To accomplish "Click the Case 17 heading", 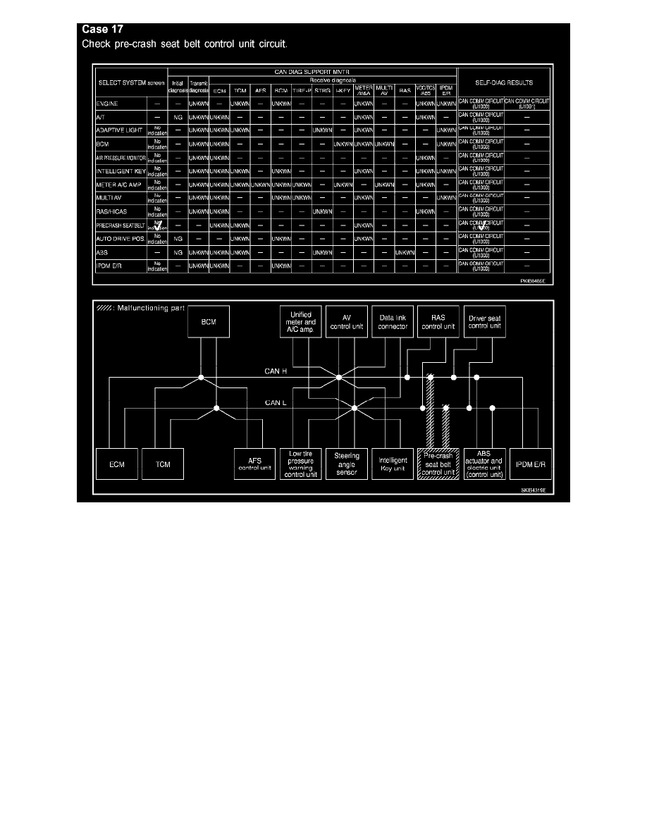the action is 102,30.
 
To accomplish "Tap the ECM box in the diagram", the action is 116,464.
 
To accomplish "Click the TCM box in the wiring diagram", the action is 163,464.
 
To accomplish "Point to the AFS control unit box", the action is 255,464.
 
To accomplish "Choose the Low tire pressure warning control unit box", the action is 301,464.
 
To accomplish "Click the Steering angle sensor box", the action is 347,464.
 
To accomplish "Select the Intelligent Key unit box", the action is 393,464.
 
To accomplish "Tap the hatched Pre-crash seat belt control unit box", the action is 438,464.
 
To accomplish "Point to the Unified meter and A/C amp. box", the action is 301,322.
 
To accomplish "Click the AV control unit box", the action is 347,322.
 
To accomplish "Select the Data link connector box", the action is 393,322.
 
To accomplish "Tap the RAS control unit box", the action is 438,322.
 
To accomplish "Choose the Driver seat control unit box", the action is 484,322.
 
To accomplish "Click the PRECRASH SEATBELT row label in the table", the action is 120,225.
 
